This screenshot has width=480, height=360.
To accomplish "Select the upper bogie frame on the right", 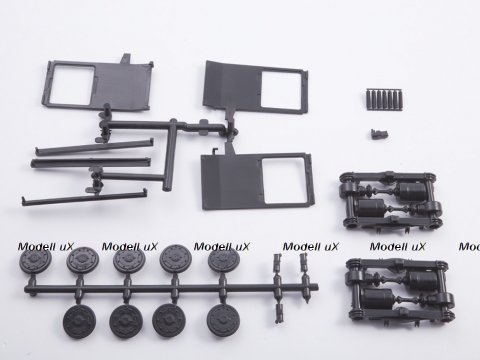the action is pyautogui.click(x=391, y=200).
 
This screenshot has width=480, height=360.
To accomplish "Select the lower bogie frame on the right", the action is pyautogui.click(x=401, y=289).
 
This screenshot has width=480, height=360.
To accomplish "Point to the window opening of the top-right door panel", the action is pyautogui.click(x=282, y=89).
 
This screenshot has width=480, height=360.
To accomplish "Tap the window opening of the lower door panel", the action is pyautogui.click(x=284, y=180).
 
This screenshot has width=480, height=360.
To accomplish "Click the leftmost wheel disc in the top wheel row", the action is pyautogui.click(x=35, y=261).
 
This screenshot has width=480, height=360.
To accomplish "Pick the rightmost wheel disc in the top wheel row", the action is pyautogui.click(x=223, y=261).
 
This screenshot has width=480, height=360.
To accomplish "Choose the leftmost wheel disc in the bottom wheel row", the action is pyautogui.click(x=79, y=321).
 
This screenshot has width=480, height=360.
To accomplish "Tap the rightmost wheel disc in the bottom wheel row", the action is pyautogui.click(x=222, y=321).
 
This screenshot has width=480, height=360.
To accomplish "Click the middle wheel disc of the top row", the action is pyautogui.click(x=129, y=261).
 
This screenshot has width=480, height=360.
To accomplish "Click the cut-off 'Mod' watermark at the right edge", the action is pyautogui.click(x=469, y=247).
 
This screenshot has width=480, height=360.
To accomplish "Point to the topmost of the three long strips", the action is pyautogui.click(x=95, y=147).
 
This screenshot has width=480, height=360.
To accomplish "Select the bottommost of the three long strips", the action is pyautogui.click(x=84, y=197).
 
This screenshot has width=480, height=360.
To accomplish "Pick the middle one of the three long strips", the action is pyautogui.click(x=90, y=163).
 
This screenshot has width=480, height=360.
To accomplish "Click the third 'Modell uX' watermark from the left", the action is pyautogui.click(x=222, y=247).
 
